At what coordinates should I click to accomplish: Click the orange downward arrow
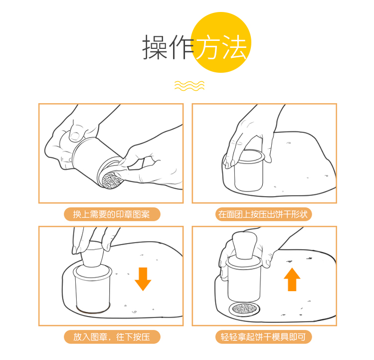143,279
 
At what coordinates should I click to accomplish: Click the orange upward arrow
292,279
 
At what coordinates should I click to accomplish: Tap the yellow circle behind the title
221,42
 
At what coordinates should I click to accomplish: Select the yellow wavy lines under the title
189,86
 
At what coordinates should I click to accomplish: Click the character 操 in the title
155,47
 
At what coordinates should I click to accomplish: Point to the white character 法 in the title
234,47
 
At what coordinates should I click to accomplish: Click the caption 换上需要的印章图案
111,214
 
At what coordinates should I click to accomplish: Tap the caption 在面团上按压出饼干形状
263,214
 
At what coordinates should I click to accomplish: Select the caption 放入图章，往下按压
111,337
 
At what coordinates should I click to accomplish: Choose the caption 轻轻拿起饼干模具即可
263,337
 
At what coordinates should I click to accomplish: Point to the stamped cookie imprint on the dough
244,309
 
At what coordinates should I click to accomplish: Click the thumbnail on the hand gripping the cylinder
75,136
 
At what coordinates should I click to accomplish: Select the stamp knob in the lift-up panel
244,245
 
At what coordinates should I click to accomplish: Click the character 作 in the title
181,47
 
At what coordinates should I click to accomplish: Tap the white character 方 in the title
207,47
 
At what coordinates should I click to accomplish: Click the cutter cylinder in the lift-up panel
244,279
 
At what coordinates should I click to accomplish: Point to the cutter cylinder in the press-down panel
93,289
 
